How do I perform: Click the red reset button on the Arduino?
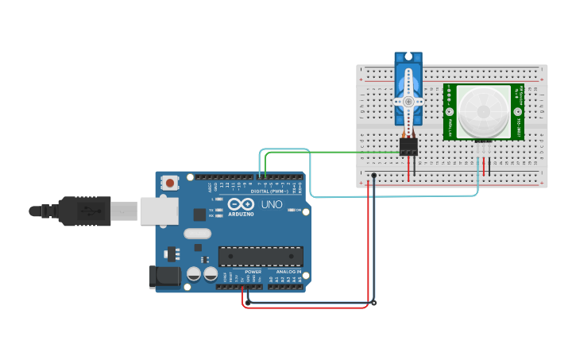pyautogui.click(x=169, y=183)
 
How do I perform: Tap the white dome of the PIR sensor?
pyautogui.click(x=483, y=112)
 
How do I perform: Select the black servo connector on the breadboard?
pyautogui.click(x=408, y=146)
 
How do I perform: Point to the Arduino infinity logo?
pyautogui.click(x=241, y=204)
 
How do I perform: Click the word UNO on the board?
pyautogui.click(x=272, y=204)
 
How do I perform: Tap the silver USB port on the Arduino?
pyautogui.click(x=159, y=211)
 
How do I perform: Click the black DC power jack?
pyautogui.click(x=164, y=276)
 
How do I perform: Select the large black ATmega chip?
pyautogui.click(x=261, y=256)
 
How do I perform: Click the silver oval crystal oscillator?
pyautogui.click(x=197, y=234)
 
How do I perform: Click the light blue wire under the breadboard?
pyautogui.click(x=397, y=195)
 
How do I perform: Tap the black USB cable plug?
pyautogui.click(x=79, y=211)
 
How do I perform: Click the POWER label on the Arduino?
pyautogui.click(x=253, y=272)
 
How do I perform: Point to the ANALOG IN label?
pyautogui.click(x=288, y=272)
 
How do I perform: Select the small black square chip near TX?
pyautogui.click(x=199, y=215)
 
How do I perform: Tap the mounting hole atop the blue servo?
pyautogui.click(x=408, y=57)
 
